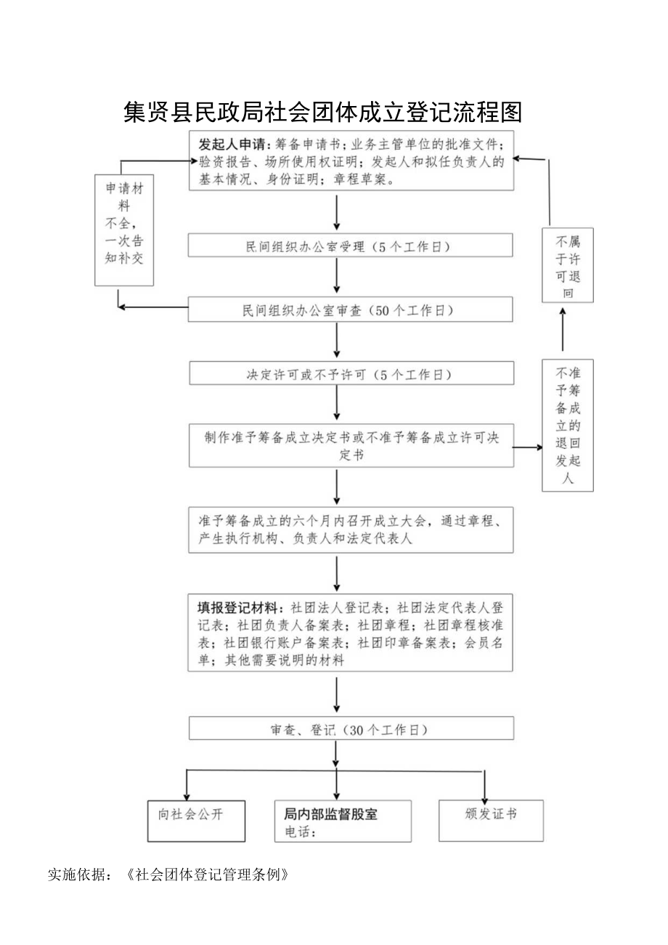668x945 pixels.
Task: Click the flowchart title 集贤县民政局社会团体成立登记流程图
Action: click(x=323, y=113)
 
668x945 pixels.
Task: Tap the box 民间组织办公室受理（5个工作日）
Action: click(x=351, y=246)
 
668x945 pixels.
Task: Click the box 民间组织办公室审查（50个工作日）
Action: click(x=351, y=310)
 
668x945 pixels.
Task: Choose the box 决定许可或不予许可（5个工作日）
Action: click(x=351, y=374)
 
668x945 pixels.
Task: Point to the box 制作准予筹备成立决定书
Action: click(x=351, y=445)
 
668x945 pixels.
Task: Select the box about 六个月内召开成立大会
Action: click(x=351, y=530)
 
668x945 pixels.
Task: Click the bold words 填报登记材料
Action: click(x=237, y=607)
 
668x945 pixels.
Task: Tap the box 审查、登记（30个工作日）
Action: click(x=351, y=729)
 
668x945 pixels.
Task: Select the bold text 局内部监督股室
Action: click(x=330, y=814)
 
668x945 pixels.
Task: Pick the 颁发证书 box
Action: click(x=491, y=820)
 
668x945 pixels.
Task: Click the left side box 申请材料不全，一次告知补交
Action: click(x=124, y=230)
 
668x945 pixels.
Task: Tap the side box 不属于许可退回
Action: click(x=568, y=266)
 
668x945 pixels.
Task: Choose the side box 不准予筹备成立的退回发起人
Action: click(x=568, y=425)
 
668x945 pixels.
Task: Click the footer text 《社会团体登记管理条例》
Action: click(x=207, y=874)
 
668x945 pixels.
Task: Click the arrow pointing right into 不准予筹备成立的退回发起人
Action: click(x=528, y=447)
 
